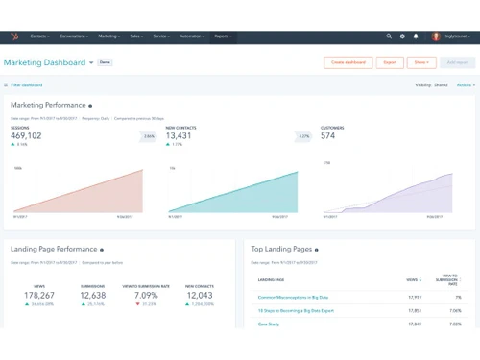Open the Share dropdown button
point(420,62)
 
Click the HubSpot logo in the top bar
point(13,36)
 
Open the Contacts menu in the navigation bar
point(40,36)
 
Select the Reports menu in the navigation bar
point(223,36)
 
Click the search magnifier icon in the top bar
point(389,36)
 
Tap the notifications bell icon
point(416,36)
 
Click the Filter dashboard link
point(25,84)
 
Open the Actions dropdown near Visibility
point(465,84)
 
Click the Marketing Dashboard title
point(44,62)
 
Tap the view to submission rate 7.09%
point(147,296)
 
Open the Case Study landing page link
point(269,324)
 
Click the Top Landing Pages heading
point(280,249)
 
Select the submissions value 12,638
point(93,296)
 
